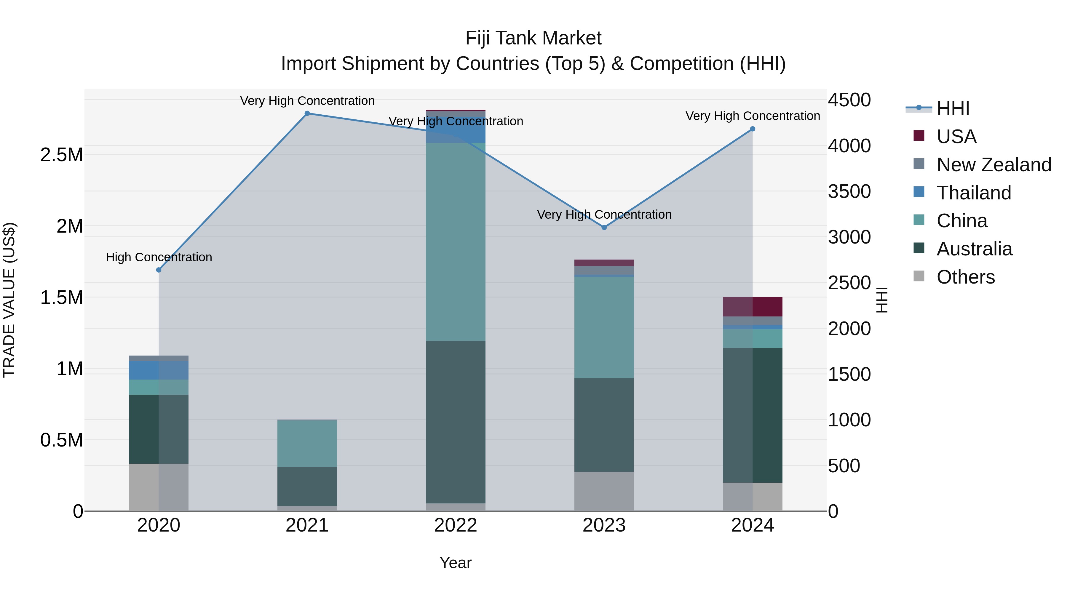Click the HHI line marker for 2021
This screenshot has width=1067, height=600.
point(307,113)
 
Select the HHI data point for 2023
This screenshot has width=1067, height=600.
point(604,227)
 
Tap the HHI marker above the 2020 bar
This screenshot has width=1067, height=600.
point(159,270)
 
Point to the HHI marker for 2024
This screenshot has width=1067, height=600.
point(753,129)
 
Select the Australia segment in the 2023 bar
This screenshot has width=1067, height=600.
point(604,425)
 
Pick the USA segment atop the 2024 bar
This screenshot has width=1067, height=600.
point(753,306)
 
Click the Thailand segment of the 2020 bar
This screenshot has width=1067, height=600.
point(159,370)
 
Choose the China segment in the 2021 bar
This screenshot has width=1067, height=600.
point(307,444)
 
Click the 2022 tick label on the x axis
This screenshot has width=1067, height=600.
point(456,525)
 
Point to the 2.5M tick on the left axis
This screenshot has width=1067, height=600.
point(61,155)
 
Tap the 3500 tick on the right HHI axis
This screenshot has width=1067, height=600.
point(849,192)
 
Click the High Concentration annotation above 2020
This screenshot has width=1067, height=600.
point(159,257)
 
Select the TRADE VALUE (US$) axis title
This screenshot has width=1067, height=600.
point(9,300)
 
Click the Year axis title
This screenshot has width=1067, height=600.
point(456,563)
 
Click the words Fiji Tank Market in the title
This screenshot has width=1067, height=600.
point(533,38)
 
